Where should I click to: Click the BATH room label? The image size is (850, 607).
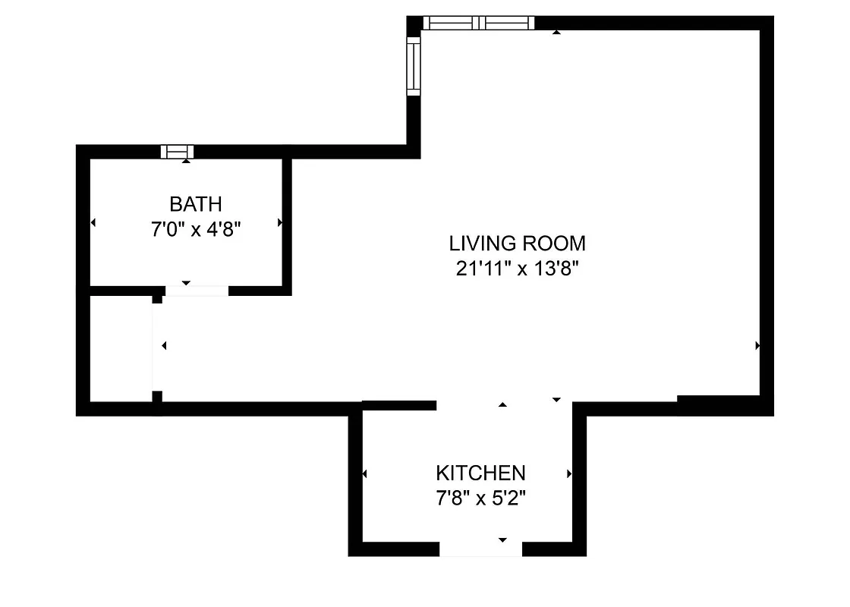(196, 204)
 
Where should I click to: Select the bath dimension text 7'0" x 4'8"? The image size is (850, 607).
(196, 228)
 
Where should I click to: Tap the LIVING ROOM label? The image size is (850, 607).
(518, 244)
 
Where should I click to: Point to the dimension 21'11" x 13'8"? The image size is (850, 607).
(518, 269)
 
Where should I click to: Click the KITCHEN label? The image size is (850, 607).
(480, 473)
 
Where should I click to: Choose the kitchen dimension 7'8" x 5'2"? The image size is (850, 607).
(480, 498)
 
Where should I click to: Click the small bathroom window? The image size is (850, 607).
(178, 152)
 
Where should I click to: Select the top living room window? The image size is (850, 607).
(478, 23)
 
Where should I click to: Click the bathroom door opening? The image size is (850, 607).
(197, 290)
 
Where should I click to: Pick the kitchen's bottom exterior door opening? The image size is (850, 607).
(481, 549)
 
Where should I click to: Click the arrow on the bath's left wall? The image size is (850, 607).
(93, 223)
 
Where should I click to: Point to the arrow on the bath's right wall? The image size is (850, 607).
(280, 223)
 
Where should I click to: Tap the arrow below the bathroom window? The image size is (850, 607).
(187, 160)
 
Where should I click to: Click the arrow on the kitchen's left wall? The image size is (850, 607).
(365, 474)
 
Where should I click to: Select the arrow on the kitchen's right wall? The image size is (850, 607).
(569, 474)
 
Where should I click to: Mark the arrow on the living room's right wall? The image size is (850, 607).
(757, 345)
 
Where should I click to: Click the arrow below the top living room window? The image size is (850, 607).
(556, 32)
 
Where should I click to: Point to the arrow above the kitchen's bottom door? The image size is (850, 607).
(502, 539)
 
